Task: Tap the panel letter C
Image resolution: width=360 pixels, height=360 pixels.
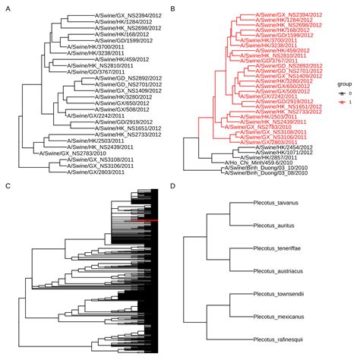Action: click(x=8, y=185)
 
